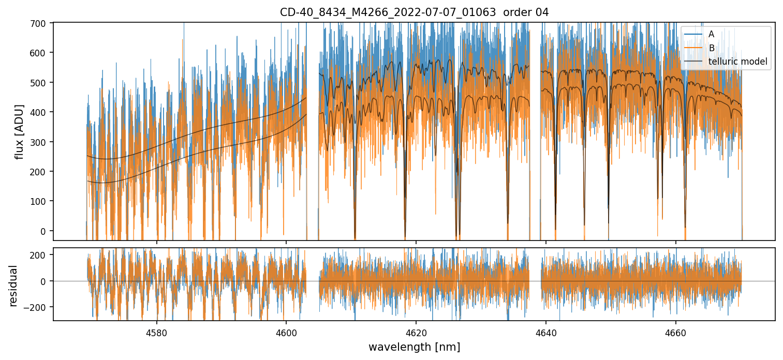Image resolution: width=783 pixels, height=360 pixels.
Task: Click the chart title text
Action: click(x=414, y=12)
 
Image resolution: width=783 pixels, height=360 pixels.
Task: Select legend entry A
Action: click(x=711, y=34)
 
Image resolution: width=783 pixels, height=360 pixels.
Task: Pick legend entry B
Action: click(x=711, y=48)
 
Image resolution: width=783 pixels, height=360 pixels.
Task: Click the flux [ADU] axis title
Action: click(x=20, y=131)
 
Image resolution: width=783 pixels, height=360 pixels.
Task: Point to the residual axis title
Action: click(x=13, y=286)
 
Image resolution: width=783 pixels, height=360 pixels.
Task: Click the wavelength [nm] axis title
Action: click(x=414, y=347)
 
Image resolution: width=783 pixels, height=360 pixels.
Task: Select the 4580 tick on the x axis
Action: click(x=157, y=332)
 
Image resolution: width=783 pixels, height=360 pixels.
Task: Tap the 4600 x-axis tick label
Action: click(x=286, y=332)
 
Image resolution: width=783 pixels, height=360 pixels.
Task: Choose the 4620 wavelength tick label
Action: click(x=416, y=332)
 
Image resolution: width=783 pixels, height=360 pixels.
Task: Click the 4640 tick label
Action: click(x=546, y=332)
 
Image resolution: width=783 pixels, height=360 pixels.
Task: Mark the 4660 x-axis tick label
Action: click(x=676, y=332)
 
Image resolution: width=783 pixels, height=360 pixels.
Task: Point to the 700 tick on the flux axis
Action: click(x=40, y=23)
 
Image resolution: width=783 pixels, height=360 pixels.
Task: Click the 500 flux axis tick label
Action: click(x=40, y=83)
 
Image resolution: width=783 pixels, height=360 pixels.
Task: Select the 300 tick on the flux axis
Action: click(x=40, y=142)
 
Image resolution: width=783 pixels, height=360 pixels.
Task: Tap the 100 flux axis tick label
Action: click(x=40, y=201)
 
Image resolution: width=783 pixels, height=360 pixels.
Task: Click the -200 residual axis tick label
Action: click(x=37, y=307)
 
